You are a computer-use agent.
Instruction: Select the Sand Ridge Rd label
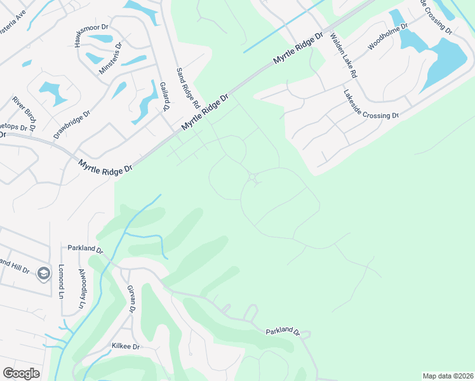click(188, 87)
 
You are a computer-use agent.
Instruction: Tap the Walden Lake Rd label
click(343, 57)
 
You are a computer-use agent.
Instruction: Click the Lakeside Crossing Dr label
click(371, 104)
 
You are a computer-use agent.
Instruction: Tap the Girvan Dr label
click(131, 298)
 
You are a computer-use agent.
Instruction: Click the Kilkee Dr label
click(125, 347)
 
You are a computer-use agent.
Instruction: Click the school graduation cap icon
click(43, 273)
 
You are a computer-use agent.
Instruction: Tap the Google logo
click(21, 373)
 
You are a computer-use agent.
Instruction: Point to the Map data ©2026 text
click(446, 376)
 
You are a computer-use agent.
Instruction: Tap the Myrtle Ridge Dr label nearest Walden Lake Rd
click(298, 49)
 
